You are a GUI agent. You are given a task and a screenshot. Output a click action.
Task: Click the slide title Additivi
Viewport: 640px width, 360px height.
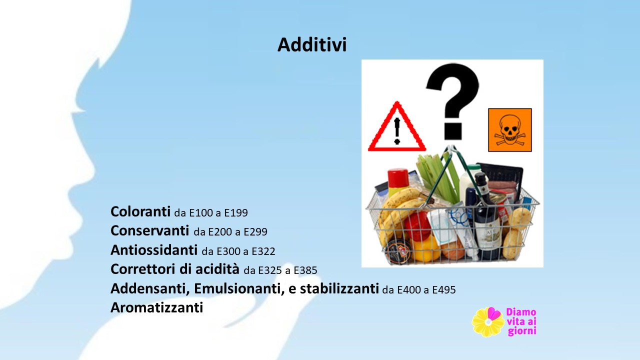312,45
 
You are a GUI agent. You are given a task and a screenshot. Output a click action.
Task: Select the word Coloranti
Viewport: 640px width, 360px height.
140,211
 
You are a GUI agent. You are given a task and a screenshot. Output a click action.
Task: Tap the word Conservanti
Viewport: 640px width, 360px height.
149,231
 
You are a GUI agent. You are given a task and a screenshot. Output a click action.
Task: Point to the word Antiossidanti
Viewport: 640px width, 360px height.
154,250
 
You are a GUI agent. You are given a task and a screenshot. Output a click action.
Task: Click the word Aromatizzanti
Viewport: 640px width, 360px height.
157,307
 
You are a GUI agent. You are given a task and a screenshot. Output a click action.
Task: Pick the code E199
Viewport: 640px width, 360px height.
236,213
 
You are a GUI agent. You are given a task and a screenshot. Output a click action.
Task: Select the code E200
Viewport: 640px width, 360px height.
220,232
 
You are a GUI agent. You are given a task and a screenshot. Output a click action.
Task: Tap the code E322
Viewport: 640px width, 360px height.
263,251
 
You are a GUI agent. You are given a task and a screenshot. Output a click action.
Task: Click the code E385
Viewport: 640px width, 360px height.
305,270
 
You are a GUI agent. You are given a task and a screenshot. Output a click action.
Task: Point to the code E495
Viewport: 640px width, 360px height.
444,289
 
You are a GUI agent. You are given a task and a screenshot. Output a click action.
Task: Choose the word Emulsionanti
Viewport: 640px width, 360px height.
239,289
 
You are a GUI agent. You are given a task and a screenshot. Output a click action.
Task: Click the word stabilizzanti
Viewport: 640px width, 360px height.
339,288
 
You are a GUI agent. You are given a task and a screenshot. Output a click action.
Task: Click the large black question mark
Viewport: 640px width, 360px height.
452,102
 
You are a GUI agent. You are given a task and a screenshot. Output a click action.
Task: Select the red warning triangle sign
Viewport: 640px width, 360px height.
397,126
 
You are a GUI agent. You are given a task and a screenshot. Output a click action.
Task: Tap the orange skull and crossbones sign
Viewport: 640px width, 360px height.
510,130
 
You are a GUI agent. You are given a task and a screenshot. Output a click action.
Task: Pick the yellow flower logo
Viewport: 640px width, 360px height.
488,322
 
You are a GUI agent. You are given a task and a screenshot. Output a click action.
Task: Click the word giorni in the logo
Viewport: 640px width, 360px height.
521,331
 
